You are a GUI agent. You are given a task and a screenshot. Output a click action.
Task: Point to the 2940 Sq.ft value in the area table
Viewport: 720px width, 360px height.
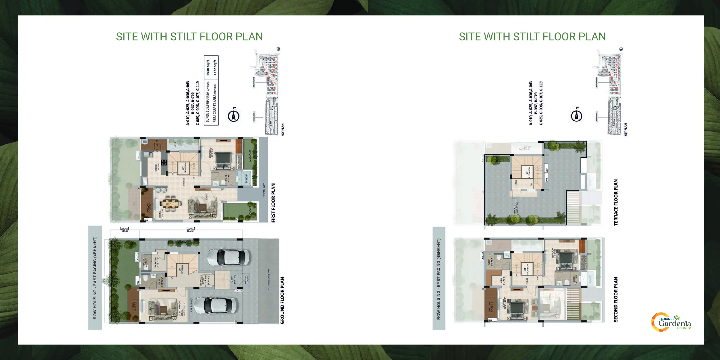pyautogui.click(x=208, y=68)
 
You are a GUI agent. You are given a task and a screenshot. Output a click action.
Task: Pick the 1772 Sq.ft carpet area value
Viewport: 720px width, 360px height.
pyautogui.click(x=215, y=68)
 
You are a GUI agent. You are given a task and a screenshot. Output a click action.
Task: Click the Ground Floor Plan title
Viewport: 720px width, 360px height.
pyautogui.click(x=282, y=300)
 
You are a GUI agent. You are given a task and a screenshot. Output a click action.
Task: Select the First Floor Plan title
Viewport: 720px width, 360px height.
pyautogui.click(x=273, y=203)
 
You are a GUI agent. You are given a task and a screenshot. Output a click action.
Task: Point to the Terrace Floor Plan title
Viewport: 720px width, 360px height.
pyautogui.click(x=616, y=202)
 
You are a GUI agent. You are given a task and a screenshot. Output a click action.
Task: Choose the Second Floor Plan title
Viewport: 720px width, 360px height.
pyautogui.click(x=616, y=299)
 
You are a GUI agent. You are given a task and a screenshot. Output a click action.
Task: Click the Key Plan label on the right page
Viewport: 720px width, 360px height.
pyautogui.click(x=625, y=130)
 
